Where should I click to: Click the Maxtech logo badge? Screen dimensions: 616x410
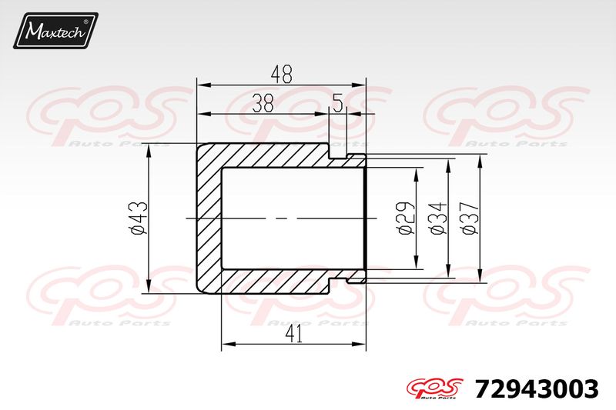point(55,31)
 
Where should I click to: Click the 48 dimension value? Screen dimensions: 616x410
point(282,74)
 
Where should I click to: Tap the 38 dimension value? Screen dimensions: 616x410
point(263,103)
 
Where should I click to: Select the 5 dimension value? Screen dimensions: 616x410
point(338,103)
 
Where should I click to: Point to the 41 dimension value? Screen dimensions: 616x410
point(294,335)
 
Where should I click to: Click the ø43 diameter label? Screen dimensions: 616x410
point(139,218)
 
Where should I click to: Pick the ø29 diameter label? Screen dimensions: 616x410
point(406,218)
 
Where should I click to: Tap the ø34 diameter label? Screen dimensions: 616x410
point(438,218)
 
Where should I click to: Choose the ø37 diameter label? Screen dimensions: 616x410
point(470,218)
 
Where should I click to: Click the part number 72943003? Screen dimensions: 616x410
point(537,388)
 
